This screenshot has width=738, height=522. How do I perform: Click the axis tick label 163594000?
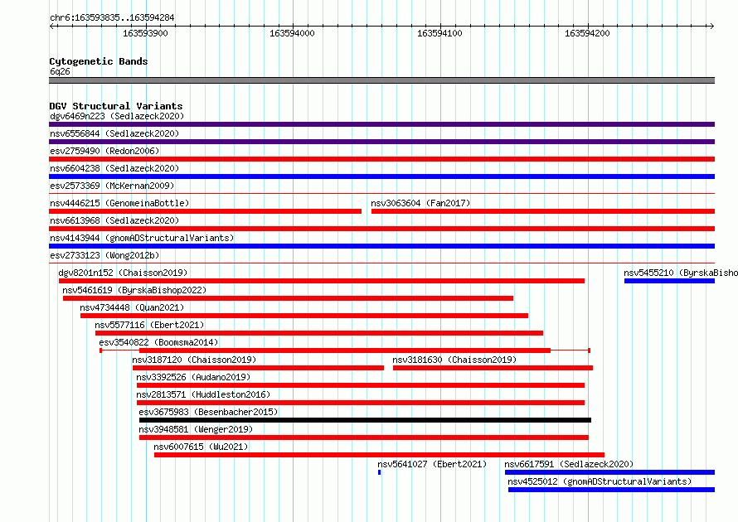click(x=292, y=33)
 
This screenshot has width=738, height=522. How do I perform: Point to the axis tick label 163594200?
click(x=587, y=33)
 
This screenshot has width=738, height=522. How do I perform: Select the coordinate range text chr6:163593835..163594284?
click(x=112, y=18)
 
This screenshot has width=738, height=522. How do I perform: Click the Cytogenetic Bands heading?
click(x=99, y=61)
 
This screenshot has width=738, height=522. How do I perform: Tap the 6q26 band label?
click(x=60, y=71)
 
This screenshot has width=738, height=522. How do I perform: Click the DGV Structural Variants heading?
click(x=116, y=106)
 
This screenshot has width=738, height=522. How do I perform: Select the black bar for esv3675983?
click(x=365, y=420)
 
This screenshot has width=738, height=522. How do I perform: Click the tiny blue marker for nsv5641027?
click(x=379, y=472)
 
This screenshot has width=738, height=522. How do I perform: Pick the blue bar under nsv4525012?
click(x=611, y=490)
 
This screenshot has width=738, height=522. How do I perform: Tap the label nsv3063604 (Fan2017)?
click(x=420, y=203)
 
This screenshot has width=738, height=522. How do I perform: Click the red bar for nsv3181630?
click(x=493, y=368)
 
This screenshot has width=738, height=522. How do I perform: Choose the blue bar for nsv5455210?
click(x=670, y=281)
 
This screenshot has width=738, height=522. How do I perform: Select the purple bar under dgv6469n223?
click(x=381, y=124)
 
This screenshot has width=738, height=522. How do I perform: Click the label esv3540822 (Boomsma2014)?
click(x=158, y=342)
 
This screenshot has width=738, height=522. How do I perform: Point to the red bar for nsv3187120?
click(x=258, y=368)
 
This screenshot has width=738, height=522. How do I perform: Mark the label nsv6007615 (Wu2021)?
click(x=201, y=447)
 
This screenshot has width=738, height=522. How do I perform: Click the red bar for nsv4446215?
click(x=205, y=211)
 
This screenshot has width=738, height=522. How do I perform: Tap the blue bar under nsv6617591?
click(x=610, y=472)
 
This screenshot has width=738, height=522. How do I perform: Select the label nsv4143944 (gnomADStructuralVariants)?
click(x=142, y=238)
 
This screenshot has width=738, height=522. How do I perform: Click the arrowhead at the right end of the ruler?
click(x=712, y=26)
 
